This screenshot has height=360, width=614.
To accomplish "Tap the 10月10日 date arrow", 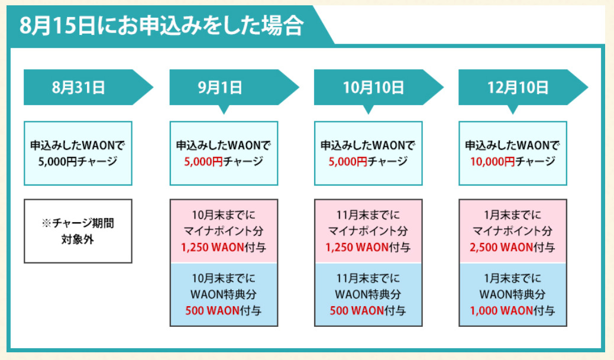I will tap(373, 88).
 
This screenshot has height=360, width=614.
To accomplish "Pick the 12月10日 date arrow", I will tap(518, 88).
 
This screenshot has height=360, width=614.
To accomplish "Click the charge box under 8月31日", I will tap(78, 153).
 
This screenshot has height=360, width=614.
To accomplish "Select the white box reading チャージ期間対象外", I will tap(78, 231).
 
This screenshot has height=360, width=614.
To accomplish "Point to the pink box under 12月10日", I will tap(512, 231).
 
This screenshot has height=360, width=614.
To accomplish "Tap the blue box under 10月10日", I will tap(368, 294).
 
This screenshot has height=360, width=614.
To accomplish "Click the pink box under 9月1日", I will tap(223, 231).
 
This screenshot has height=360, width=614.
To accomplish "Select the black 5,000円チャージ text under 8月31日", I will tap(78, 161).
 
